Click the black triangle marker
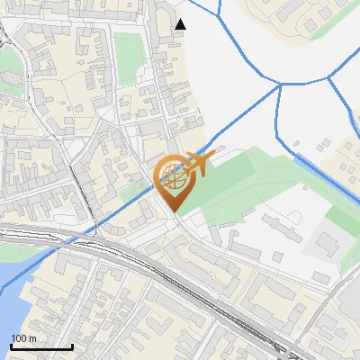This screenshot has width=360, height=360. [x=180, y=23]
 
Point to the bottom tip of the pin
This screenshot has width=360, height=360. [x=175, y=212]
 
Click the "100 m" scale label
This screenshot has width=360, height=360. [x=24, y=337]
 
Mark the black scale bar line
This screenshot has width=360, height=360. [x=41, y=346]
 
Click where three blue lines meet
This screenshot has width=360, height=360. [x=280, y=85]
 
